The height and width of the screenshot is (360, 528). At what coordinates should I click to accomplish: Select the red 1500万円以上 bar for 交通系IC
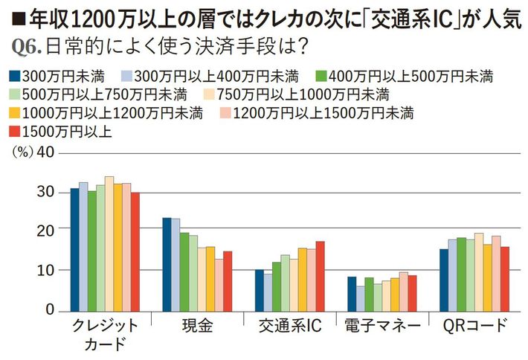click(320, 276)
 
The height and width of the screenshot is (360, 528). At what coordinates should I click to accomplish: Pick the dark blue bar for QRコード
click(444, 280)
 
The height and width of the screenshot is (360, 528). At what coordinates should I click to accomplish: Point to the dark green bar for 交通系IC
click(277, 286)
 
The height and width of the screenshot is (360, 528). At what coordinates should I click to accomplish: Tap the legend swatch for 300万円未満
click(14, 75)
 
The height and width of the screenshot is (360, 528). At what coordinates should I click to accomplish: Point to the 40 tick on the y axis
click(45, 152)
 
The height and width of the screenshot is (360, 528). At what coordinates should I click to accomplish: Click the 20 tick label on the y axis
click(45, 231)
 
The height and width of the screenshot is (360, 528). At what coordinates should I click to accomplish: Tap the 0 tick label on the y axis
click(48, 309)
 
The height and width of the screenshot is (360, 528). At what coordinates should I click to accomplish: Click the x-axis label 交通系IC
click(289, 325)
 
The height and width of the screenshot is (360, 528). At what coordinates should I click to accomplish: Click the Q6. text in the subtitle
click(27, 46)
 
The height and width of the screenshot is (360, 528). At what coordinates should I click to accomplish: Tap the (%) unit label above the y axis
click(20, 152)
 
